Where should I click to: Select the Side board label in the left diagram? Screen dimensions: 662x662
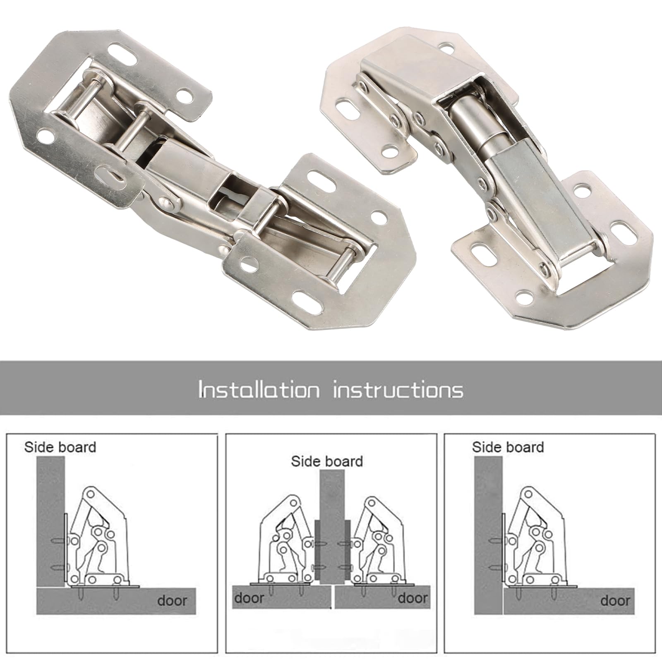[x=60, y=447]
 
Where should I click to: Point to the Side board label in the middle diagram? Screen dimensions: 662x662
[x=327, y=461]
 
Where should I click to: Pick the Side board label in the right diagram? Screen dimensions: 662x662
[x=508, y=447]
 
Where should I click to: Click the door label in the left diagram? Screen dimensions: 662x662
[x=172, y=601]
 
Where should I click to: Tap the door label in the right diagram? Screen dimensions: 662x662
[x=615, y=600]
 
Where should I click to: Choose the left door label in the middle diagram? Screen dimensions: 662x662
[x=250, y=598]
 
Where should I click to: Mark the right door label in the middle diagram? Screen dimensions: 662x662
[x=413, y=598]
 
